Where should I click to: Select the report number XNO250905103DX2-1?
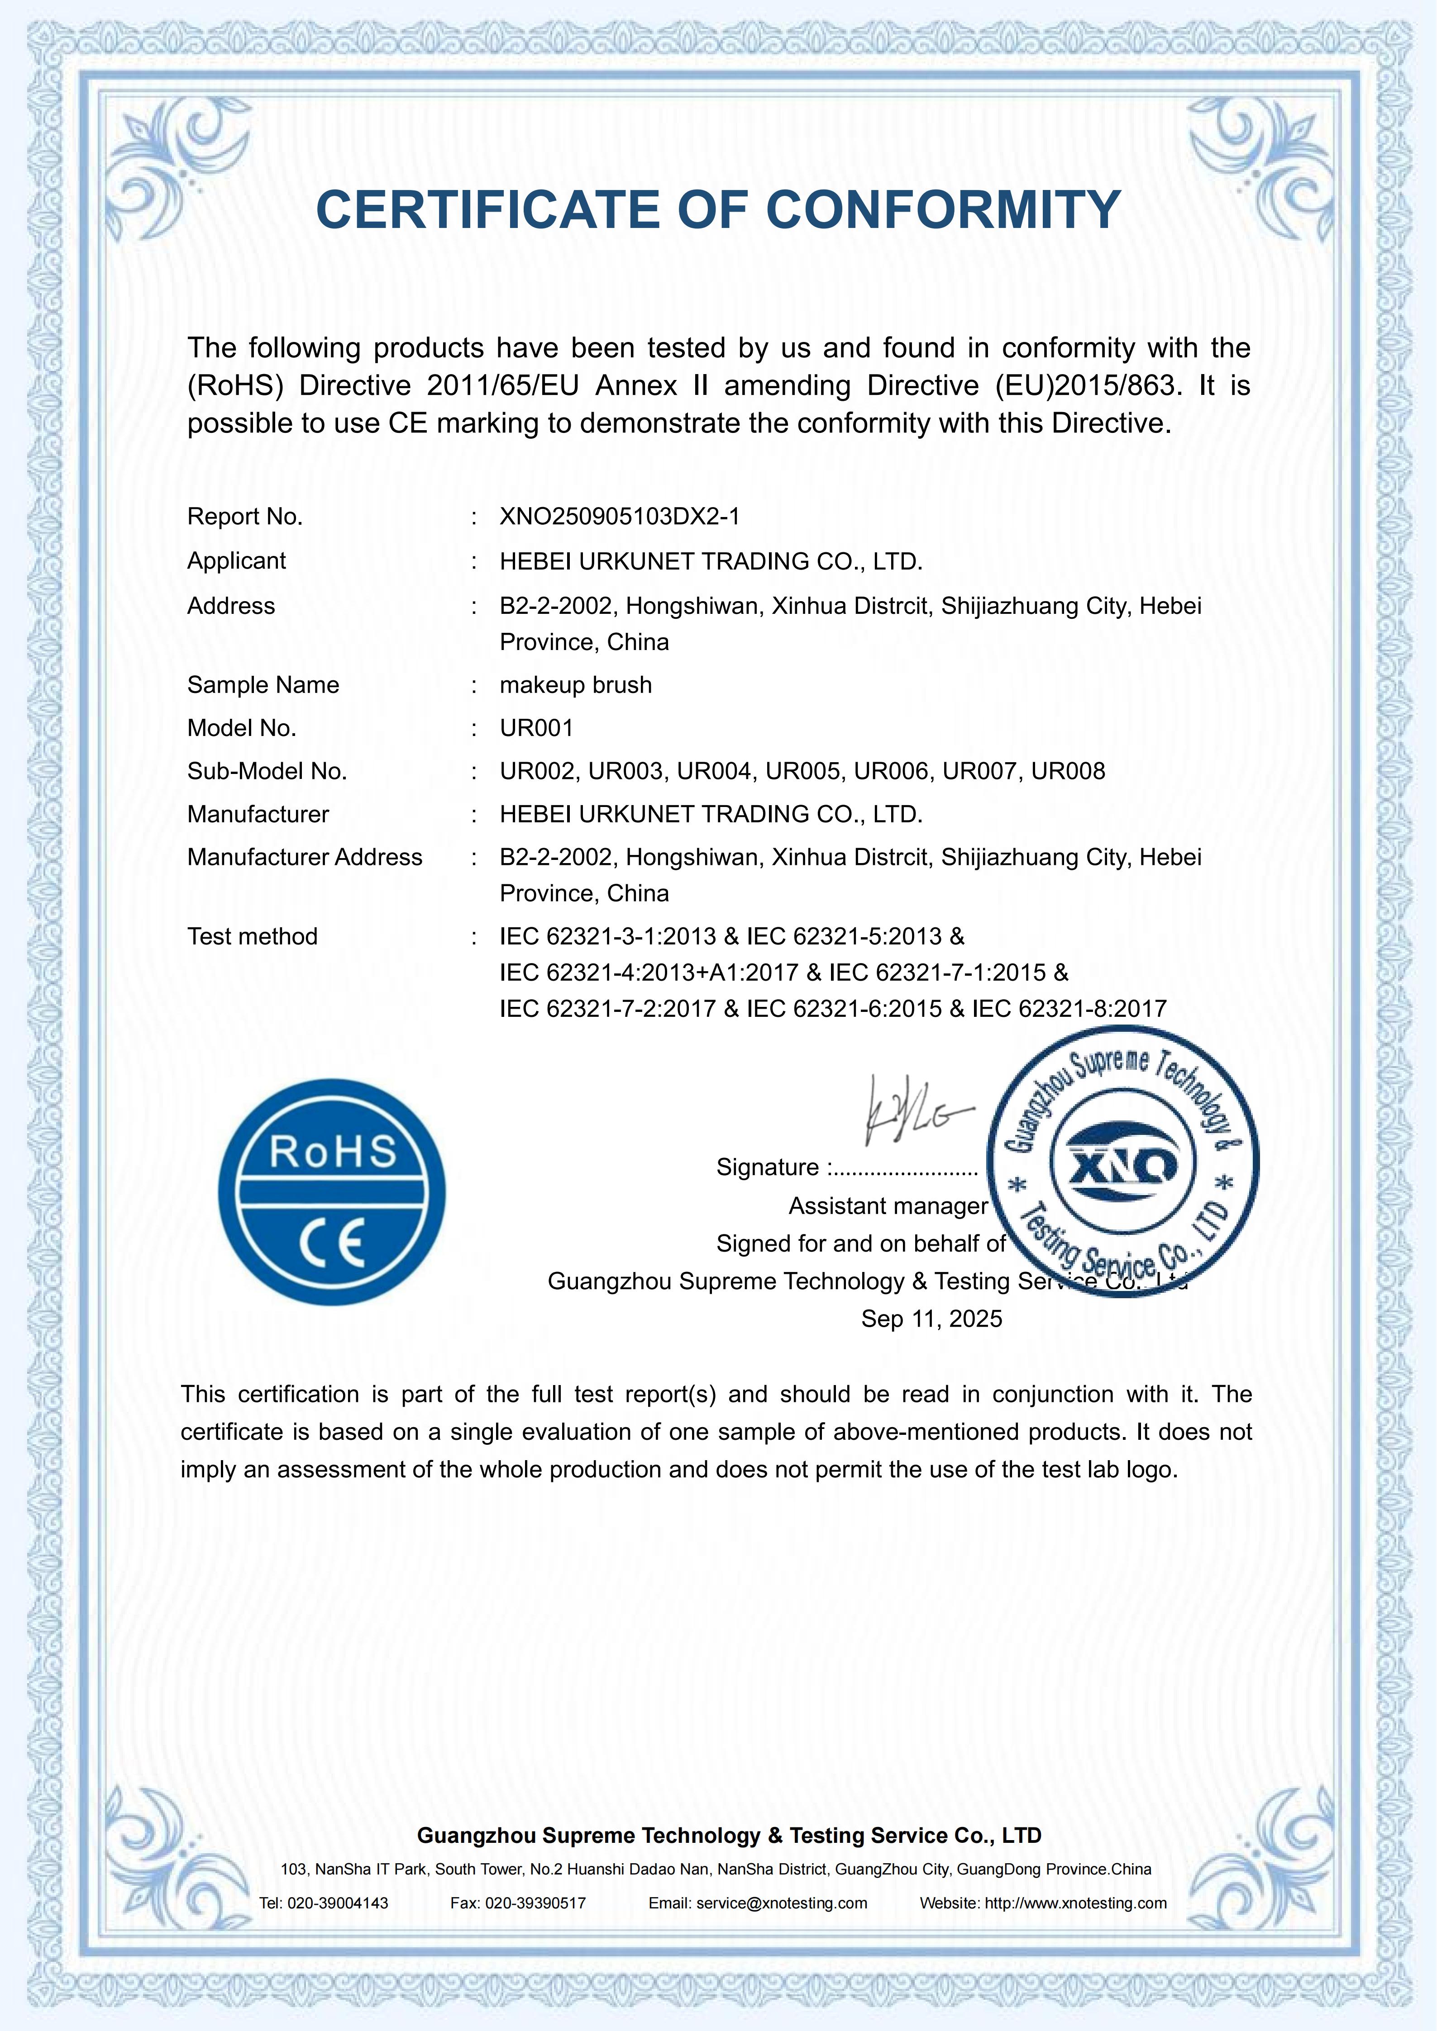[x=620, y=517]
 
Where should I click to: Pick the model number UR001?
[x=536, y=728]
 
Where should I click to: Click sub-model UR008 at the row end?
[x=1068, y=771]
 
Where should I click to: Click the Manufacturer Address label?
[x=305, y=857]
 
